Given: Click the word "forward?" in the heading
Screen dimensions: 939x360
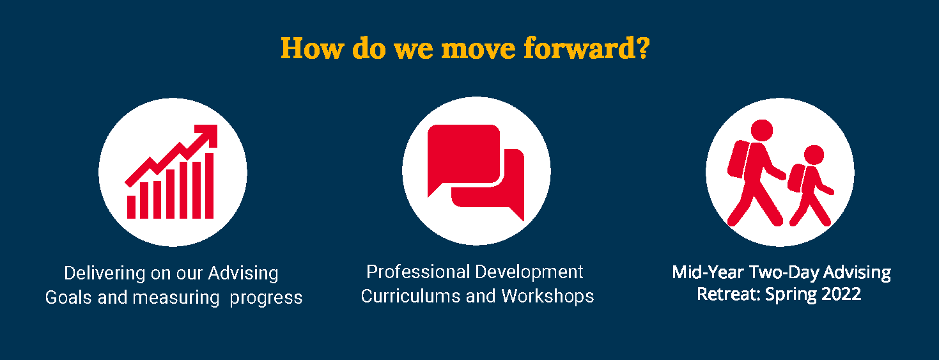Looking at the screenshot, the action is (x=586, y=48).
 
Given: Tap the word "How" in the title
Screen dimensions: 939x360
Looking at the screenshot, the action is (x=312, y=48).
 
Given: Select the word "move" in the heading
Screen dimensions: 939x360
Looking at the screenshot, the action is (x=478, y=49).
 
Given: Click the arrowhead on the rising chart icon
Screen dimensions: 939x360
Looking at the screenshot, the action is (x=208, y=135).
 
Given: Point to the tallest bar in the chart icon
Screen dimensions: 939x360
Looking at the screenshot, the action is (x=209, y=185).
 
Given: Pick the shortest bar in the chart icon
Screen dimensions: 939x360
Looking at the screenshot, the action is (x=131, y=207).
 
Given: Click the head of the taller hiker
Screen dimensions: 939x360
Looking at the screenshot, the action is (x=761, y=130).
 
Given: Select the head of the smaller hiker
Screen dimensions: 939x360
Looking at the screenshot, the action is (x=814, y=155).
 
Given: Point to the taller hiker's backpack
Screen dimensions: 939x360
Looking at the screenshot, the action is (x=738, y=159).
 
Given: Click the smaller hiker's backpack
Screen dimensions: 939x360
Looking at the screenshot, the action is (x=796, y=178).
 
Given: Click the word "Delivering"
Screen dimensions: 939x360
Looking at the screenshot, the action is (x=104, y=273).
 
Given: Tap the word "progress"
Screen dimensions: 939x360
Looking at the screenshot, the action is (x=266, y=299).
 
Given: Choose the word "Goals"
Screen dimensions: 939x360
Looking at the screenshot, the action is (x=68, y=297).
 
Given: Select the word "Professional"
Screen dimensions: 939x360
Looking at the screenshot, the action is (x=418, y=272).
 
